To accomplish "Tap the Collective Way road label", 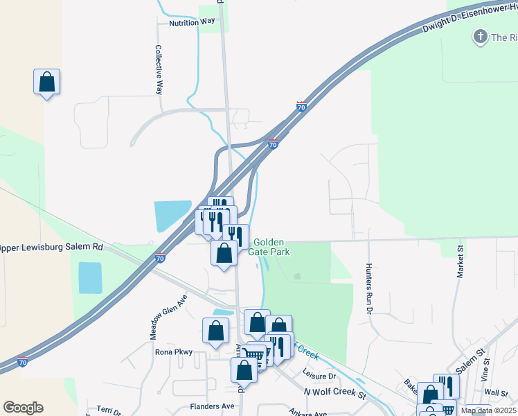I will (159, 70).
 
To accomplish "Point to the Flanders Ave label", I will (213, 406).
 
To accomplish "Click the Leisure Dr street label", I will (319, 375).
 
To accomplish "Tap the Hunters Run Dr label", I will (368, 287).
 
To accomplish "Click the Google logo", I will (23, 408).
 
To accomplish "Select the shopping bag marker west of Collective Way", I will (46, 82).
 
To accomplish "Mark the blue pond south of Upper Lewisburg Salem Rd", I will (90, 278).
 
